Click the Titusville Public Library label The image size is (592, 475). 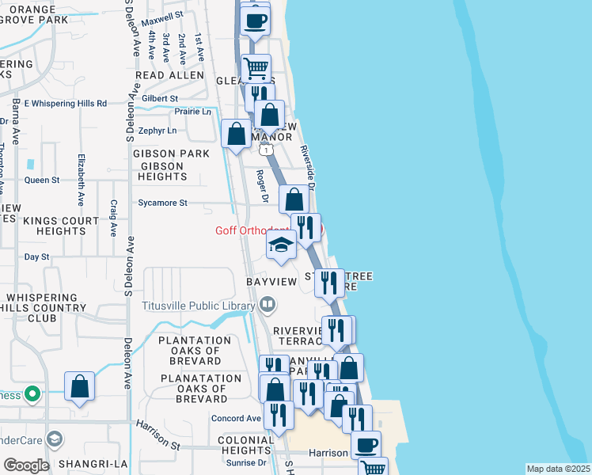[x=199, y=305]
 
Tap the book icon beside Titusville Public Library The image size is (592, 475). [x=268, y=305]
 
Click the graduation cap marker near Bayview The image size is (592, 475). [x=281, y=245]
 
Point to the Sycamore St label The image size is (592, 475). [x=162, y=203]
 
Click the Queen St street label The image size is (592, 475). [x=43, y=180]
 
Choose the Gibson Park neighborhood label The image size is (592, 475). [x=171, y=154]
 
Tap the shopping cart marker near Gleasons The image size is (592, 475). [x=256, y=69]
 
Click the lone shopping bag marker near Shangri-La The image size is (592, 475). [x=80, y=388]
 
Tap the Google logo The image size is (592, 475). [x=26, y=465]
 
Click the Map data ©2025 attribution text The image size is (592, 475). [x=557, y=469]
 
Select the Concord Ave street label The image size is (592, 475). [x=235, y=418]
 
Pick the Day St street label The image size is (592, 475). [x=36, y=257]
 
